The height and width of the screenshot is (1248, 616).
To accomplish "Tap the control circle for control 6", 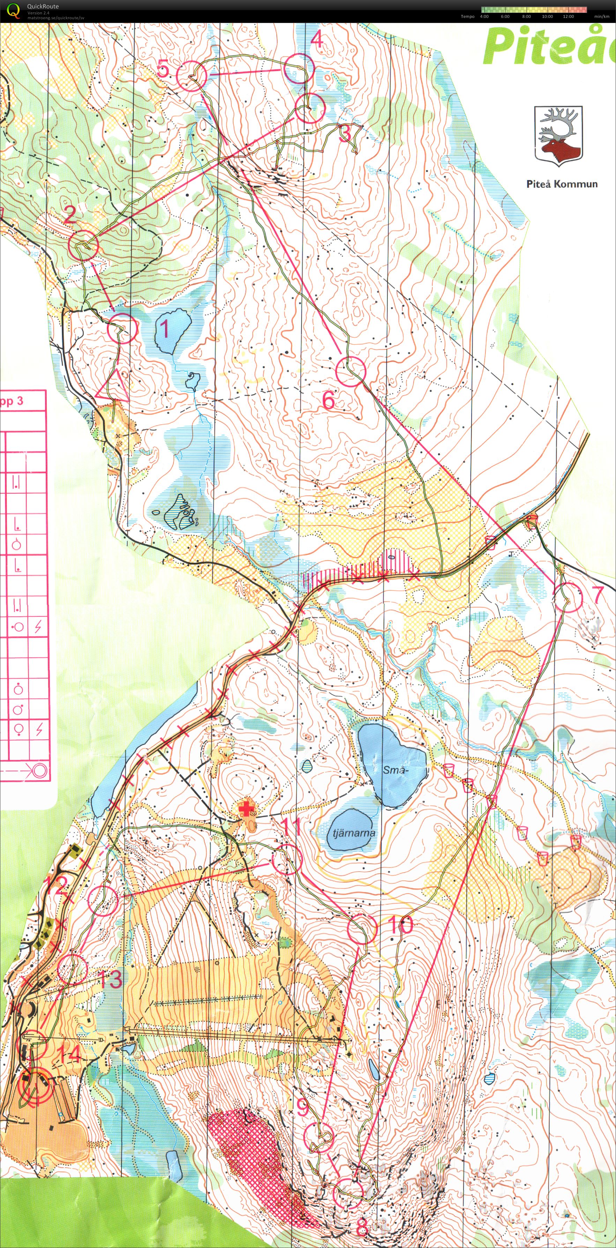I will pos(350,371).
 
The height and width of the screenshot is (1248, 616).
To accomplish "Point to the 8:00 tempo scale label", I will pos(526,16).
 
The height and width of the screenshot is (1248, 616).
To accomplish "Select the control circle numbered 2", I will pos(84,246).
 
